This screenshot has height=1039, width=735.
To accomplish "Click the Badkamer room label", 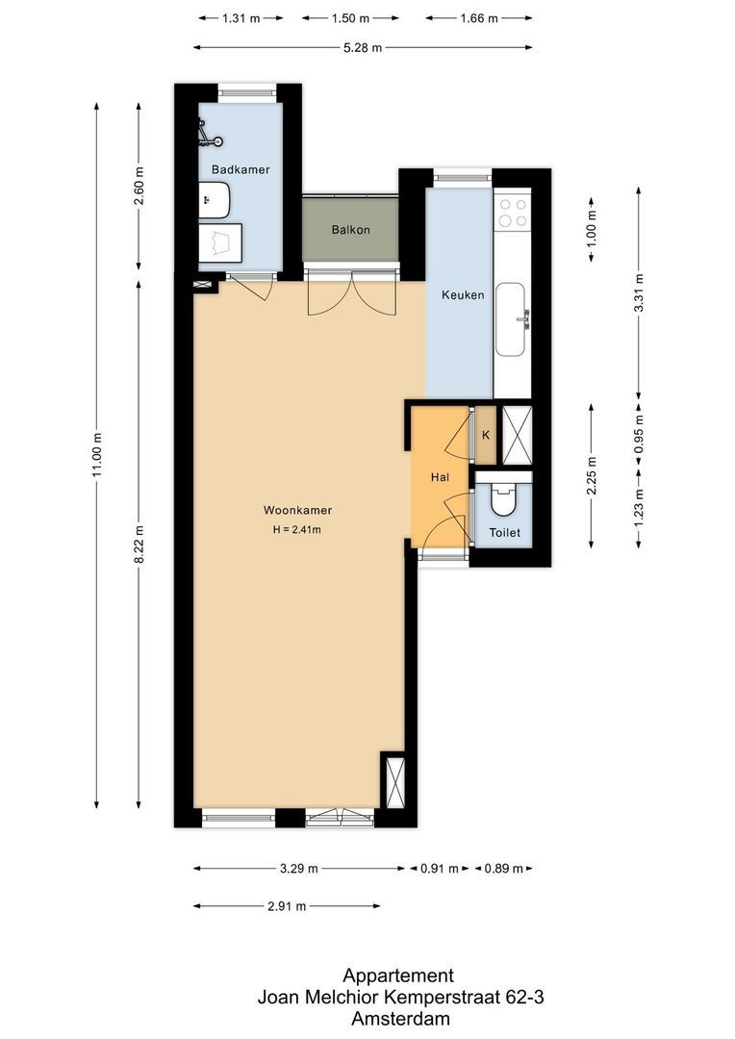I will [241, 169].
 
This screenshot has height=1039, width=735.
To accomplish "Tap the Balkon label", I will [350, 230].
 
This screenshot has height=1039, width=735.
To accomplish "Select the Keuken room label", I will [462, 295].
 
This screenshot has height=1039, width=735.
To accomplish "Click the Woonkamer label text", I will [297, 511].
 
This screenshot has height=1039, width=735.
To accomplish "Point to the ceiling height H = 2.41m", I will [297, 530].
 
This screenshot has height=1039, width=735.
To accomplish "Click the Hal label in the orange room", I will [440, 477].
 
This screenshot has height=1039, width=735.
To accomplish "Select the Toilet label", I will [504, 532].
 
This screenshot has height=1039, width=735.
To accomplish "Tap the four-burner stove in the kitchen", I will [513, 212].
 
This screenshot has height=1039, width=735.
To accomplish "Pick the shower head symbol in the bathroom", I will [206, 134].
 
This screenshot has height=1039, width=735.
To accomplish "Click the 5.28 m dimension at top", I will [362, 46].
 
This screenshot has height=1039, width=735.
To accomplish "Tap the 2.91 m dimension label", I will [287, 906].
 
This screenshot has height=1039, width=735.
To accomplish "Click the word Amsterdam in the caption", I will [401, 1019].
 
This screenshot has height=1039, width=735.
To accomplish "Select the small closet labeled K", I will [486, 435].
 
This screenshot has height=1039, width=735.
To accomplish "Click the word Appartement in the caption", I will [398, 976].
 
